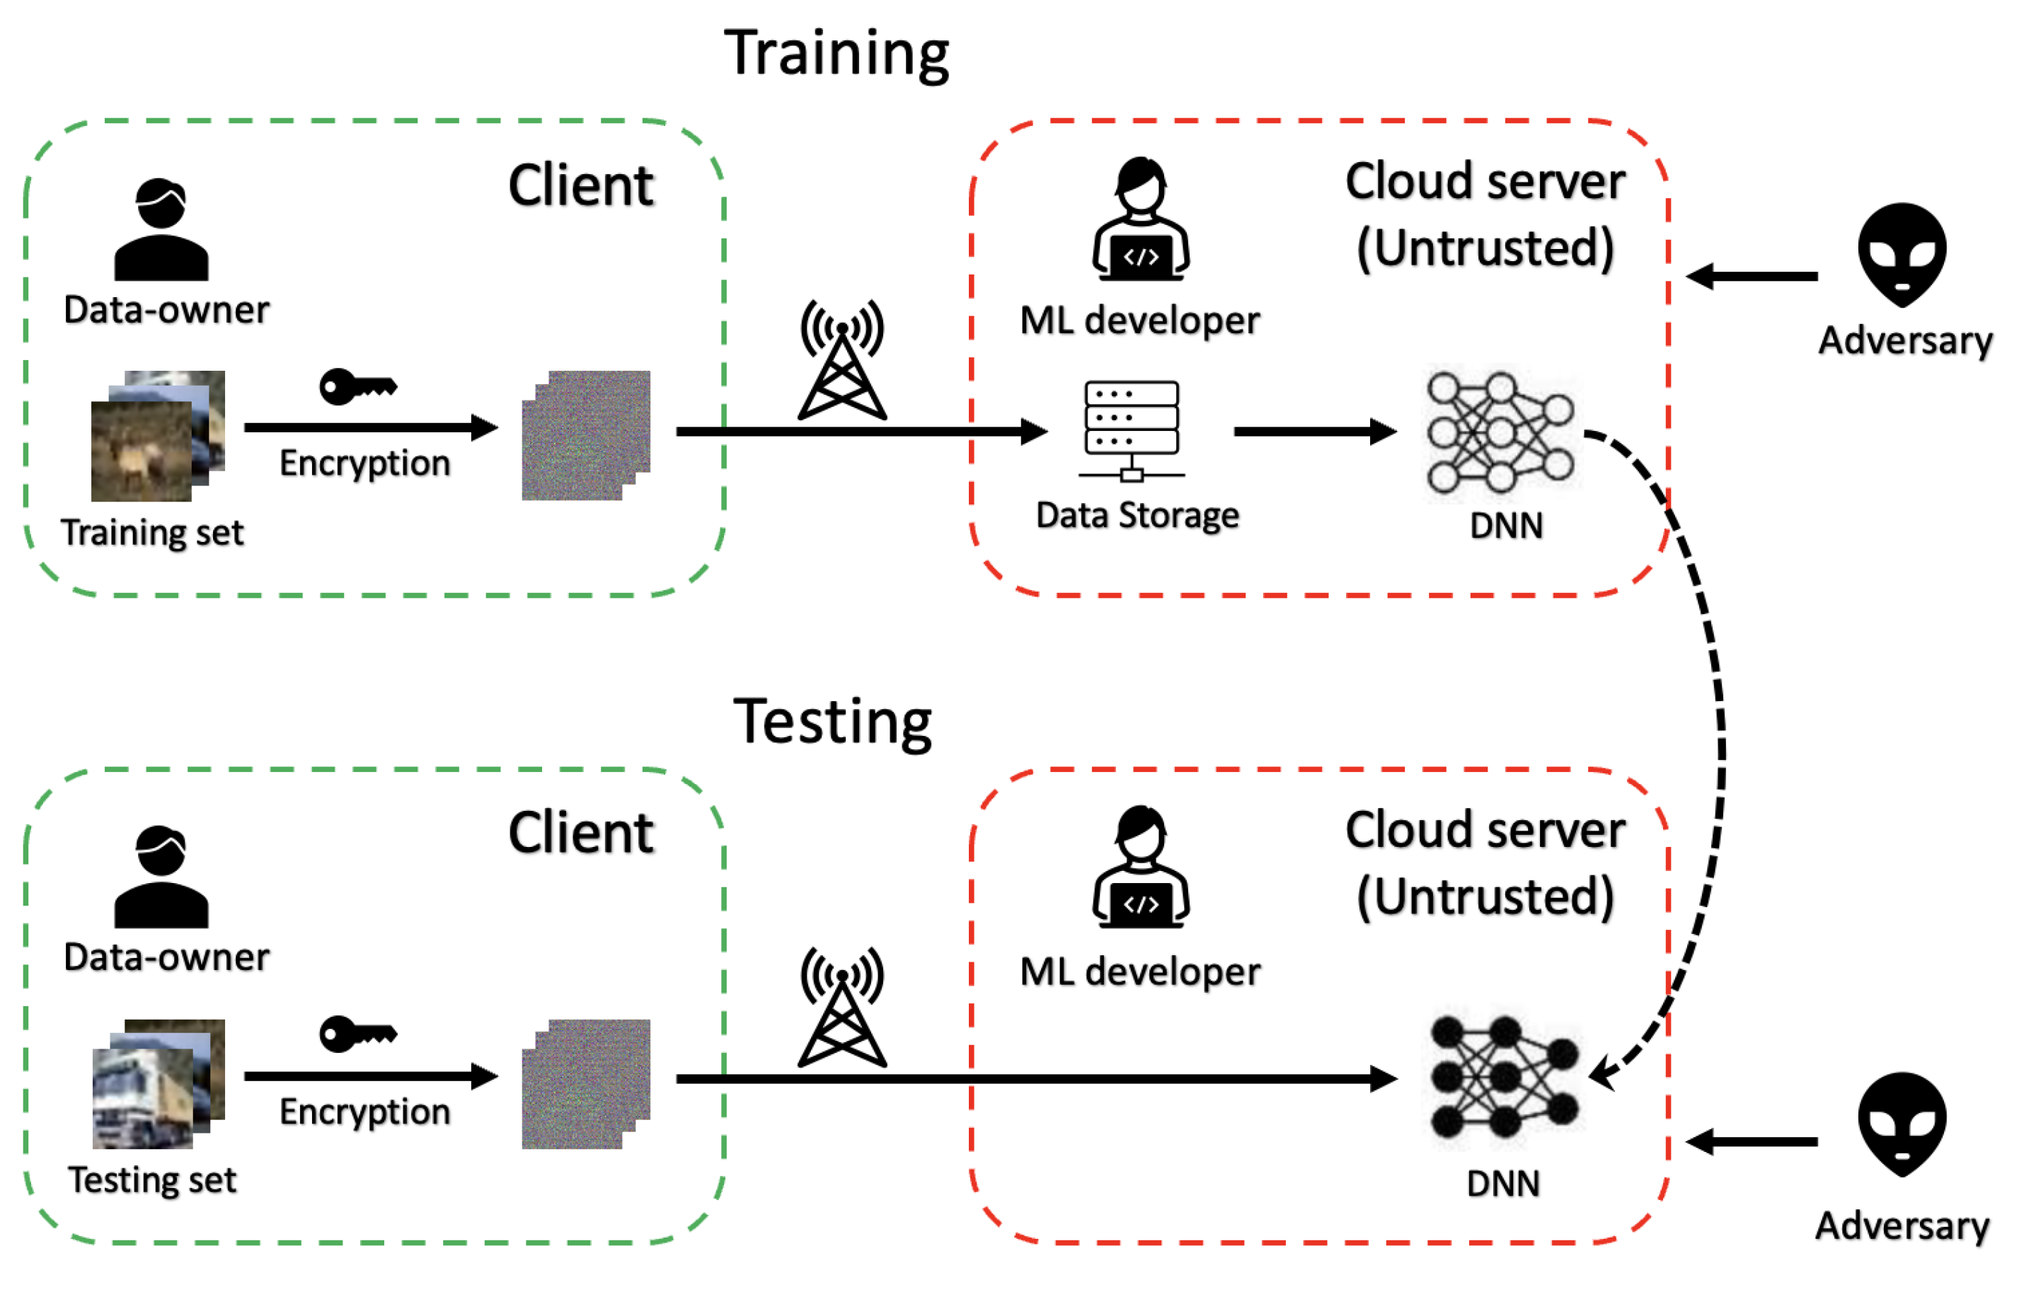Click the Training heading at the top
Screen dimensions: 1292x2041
coord(836,53)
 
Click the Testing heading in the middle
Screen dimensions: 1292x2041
coord(832,722)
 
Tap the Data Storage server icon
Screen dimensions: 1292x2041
coord(1132,430)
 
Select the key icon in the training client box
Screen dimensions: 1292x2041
coord(357,387)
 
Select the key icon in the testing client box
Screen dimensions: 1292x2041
coord(357,1034)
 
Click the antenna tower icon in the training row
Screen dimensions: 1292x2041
coord(841,360)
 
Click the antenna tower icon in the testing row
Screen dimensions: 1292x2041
coord(841,1008)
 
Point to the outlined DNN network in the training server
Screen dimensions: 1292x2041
coord(1500,432)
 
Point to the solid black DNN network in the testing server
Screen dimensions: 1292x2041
coord(1504,1077)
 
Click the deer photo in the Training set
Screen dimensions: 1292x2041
coord(141,451)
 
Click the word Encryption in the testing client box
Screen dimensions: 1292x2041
coord(364,1112)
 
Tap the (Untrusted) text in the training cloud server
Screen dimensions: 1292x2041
coord(1485,248)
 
